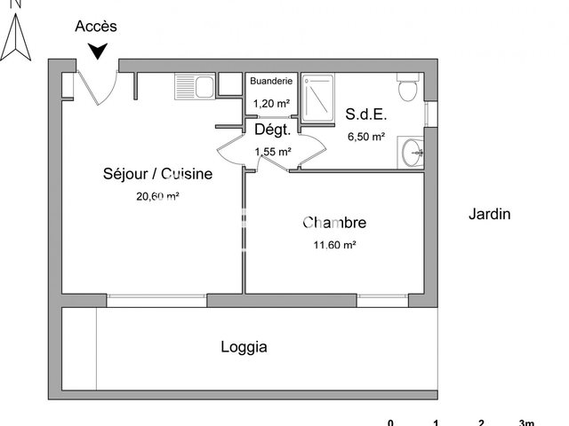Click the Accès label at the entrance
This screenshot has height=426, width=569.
pyautogui.click(x=96, y=27)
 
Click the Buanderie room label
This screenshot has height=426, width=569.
pyautogui.click(x=271, y=82)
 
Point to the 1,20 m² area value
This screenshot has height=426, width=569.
pyautogui.click(x=271, y=103)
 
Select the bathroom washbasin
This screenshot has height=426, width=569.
pyautogui.click(x=413, y=152)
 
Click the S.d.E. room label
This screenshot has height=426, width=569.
pyautogui.click(x=366, y=114)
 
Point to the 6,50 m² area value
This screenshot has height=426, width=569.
pyautogui.click(x=365, y=137)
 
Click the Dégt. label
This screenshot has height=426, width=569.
pyautogui.click(x=273, y=130)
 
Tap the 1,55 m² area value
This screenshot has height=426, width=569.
pyautogui.click(x=273, y=152)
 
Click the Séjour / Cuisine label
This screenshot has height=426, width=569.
pyautogui.click(x=158, y=174)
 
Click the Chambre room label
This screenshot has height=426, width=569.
pyautogui.click(x=334, y=223)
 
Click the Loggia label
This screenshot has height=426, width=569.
pyautogui.click(x=244, y=347)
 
